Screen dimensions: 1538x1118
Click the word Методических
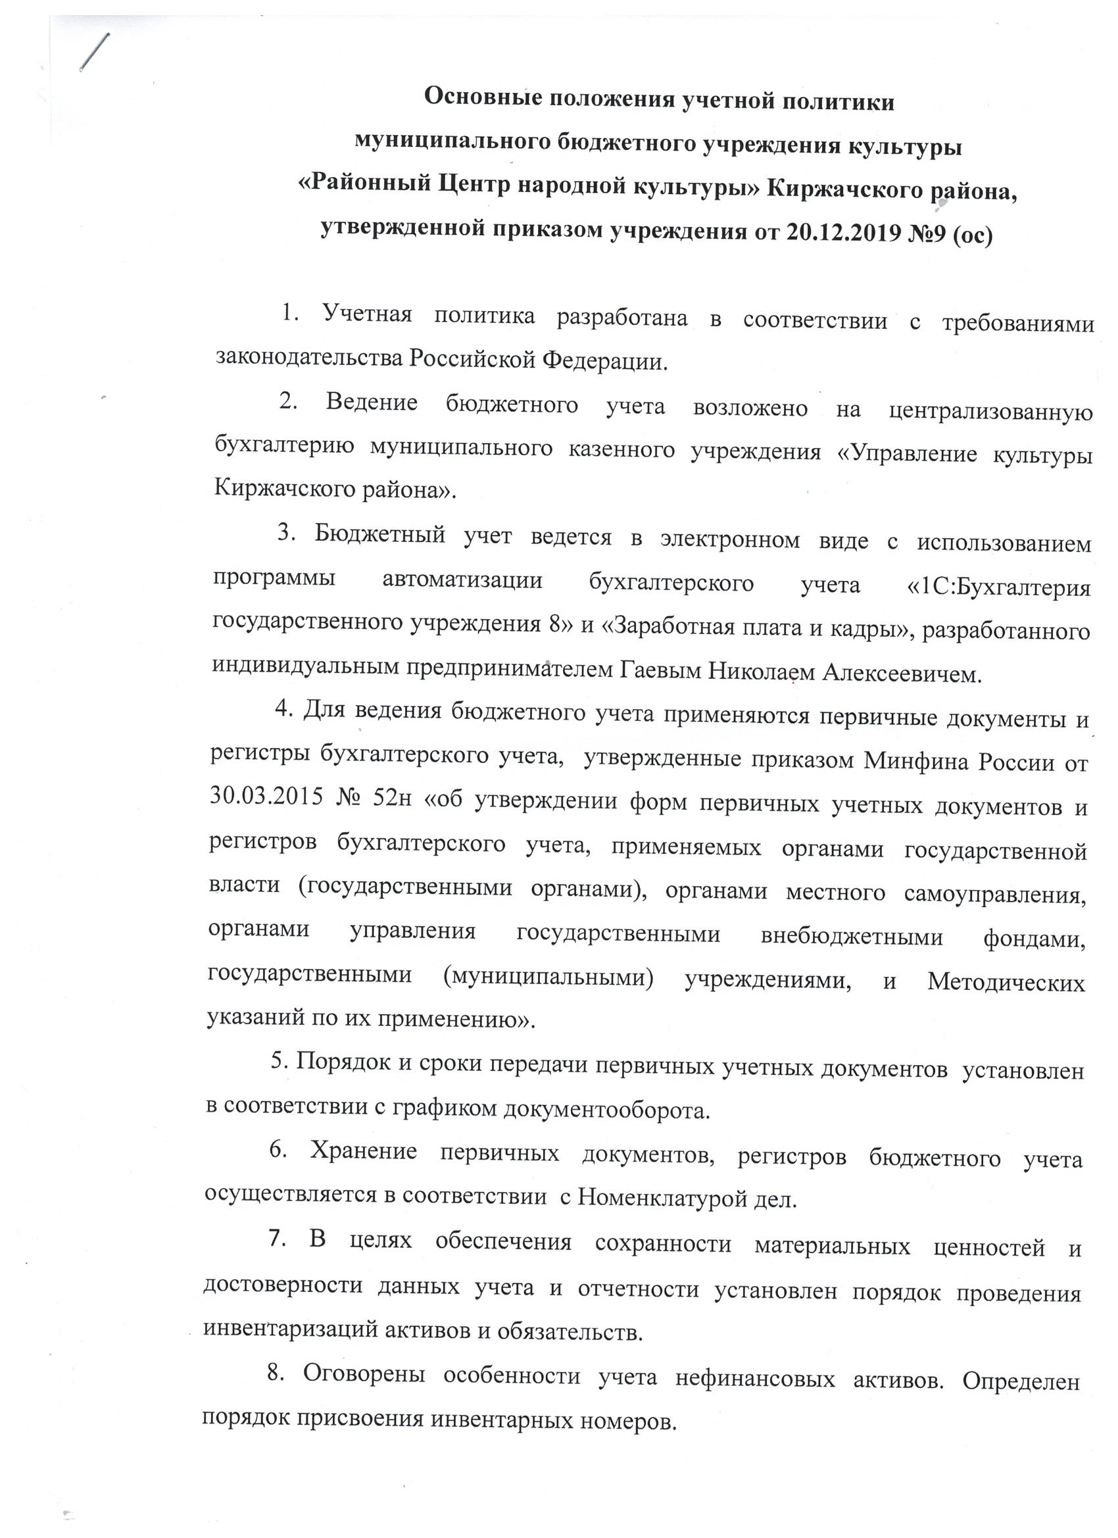(1006, 981)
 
